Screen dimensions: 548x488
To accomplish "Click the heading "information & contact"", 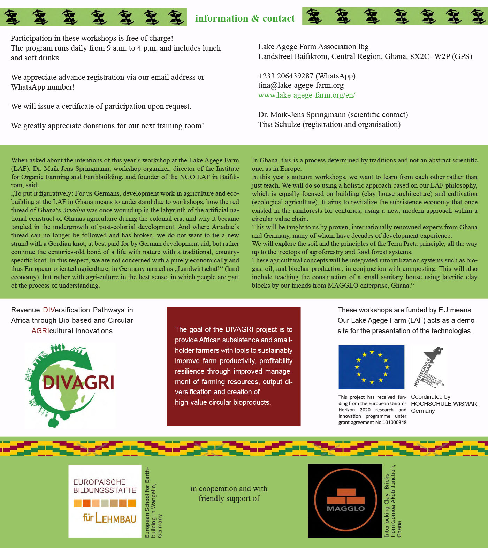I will (245, 18).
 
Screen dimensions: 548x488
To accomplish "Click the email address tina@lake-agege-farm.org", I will (300, 85).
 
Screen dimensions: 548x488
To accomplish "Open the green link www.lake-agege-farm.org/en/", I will (306, 95).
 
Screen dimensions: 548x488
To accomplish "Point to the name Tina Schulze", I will (279, 124).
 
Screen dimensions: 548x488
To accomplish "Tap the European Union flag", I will (371, 367).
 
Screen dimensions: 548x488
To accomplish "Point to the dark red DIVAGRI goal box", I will (234, 366).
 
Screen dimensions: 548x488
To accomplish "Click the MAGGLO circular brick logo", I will (345, 501).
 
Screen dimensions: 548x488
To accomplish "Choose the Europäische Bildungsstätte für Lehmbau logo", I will (105, 501).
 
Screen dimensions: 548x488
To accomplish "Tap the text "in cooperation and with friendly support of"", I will (229, 494).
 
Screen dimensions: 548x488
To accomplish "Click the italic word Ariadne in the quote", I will (74, 210).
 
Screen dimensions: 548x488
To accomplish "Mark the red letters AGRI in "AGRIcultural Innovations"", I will (40, 331).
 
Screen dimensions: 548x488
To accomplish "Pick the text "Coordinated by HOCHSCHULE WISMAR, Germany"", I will (444, 404).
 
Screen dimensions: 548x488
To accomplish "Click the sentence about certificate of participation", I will (101, 106).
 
